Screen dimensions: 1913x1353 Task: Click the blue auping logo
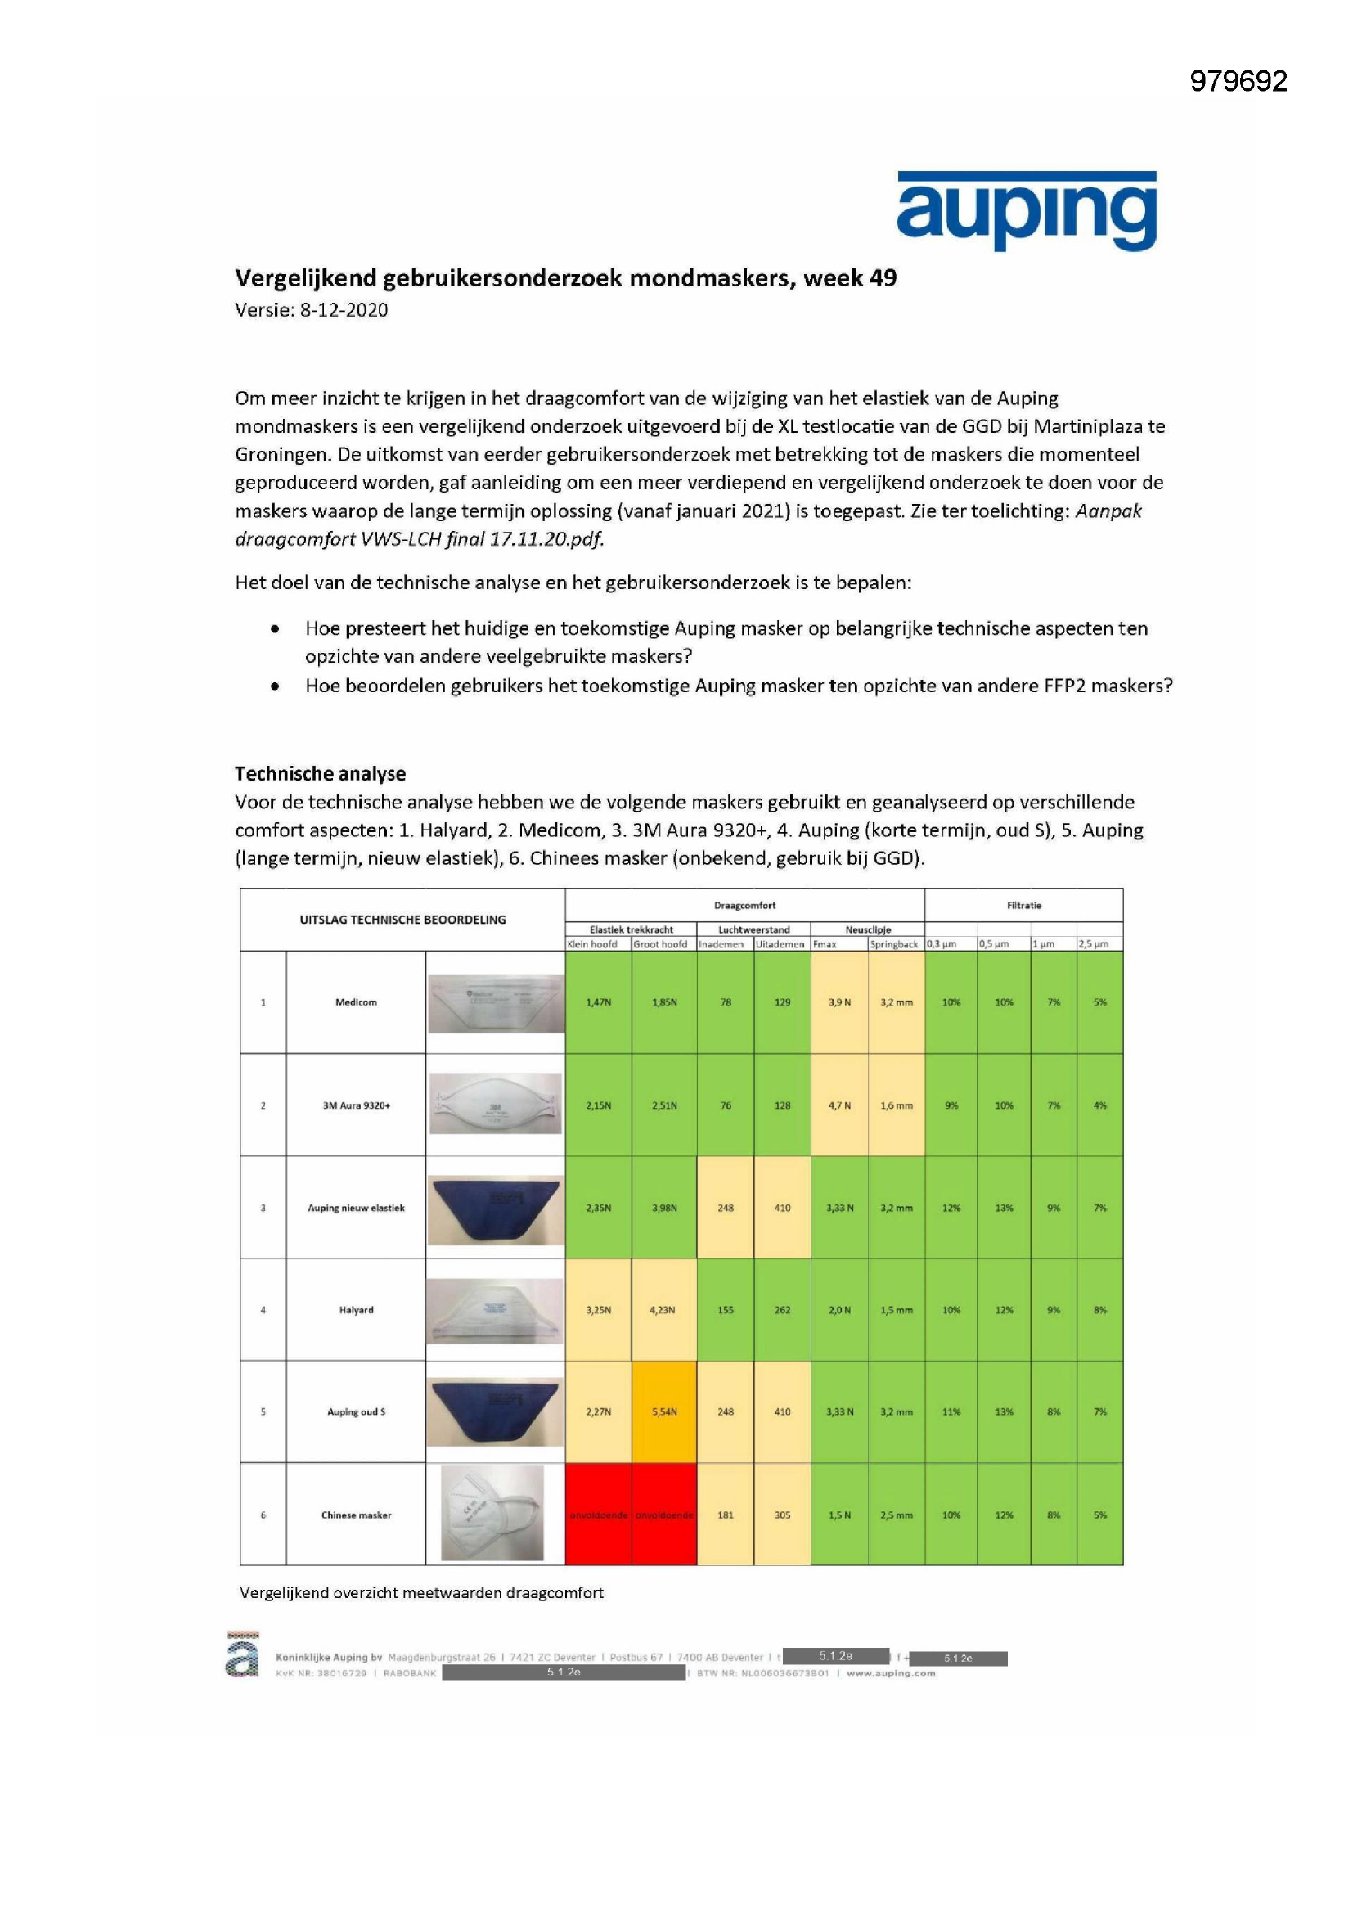1026,212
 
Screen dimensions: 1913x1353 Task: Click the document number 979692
1238,81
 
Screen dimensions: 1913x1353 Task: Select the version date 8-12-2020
344,311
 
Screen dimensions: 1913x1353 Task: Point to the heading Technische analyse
320,773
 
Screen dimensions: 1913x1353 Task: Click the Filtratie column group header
1023,905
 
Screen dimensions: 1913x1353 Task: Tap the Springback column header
895,944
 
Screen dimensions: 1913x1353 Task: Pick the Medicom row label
356,1002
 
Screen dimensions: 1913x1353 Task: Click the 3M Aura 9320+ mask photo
495,1105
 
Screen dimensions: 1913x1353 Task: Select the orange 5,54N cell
664,1411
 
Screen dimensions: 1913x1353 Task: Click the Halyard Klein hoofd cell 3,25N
597,1310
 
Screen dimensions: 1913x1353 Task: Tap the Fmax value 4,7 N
839,1105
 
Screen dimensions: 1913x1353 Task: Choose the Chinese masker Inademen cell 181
725,1515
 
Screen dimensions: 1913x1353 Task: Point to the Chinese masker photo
493,1514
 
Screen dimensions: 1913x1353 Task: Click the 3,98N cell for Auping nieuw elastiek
664,1208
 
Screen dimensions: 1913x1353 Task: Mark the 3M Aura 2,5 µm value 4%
1099,1105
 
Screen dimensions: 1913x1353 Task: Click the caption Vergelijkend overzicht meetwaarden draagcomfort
421,1592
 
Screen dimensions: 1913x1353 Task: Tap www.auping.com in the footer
891,1672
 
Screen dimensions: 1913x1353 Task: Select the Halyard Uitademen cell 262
781,1310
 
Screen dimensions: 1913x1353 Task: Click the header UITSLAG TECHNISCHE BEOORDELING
402,920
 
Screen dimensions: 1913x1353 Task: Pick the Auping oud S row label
356,1411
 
